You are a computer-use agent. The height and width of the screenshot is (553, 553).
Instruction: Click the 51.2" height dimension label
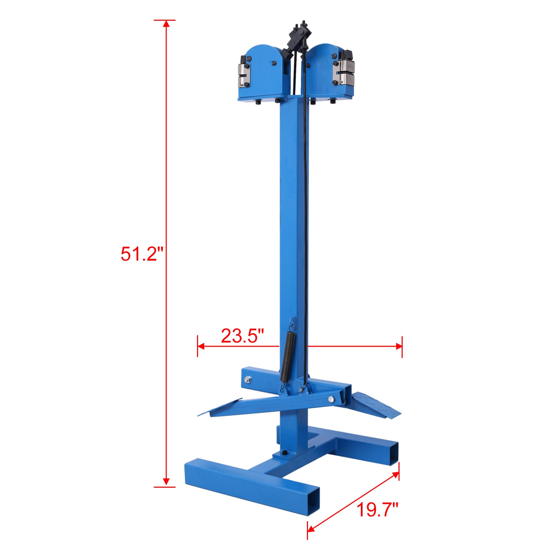click(141, 254)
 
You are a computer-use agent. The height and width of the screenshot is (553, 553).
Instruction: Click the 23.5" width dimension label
click(242, 336)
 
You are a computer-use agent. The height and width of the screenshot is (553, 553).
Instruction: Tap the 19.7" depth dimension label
click(377, 510)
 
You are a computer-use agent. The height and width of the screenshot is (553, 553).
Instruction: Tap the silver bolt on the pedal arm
click(331, 400)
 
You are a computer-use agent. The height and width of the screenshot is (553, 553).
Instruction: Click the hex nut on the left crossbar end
click(247, 379)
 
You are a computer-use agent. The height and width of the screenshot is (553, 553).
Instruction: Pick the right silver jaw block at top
click(344, 73)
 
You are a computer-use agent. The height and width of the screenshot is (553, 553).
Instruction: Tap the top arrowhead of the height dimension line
click(166, 24)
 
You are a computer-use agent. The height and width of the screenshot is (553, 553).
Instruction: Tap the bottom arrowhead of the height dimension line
click(166, 483)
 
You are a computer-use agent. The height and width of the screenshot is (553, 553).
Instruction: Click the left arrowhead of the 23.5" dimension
click(200, 346)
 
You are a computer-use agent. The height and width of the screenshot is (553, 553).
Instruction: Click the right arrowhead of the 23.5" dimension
click(399, 346)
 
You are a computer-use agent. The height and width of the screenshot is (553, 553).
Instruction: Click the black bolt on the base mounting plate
click(284, 453)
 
